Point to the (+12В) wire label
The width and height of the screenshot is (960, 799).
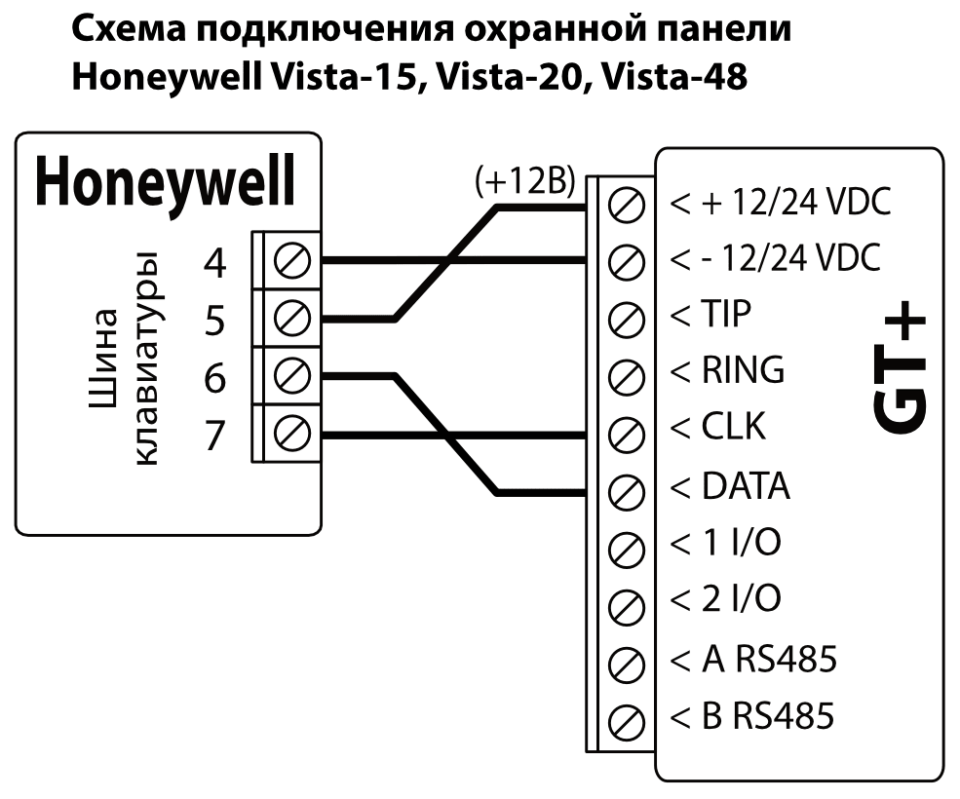click(x=523, y=183)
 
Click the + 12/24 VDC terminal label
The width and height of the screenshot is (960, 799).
click(x=781, y=205)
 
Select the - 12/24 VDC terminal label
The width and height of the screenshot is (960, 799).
click(x=776, y=260)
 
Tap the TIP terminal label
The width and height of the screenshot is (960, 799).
click(x=723, y=316)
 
